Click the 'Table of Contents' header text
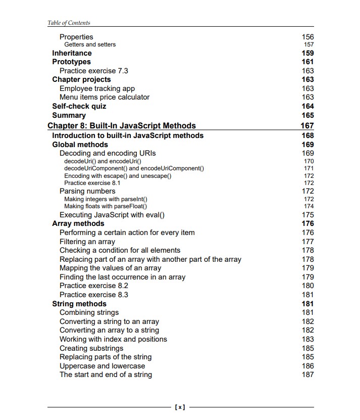[69, 23]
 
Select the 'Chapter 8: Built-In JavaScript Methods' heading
[121, 126]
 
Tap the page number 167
[306, 126]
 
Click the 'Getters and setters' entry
[90, 44]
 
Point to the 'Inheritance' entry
[72, 53]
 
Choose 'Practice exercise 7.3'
[93, 71]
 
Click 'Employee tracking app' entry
[97, 88]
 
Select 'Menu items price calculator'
[105, 97]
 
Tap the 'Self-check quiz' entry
[79, 106]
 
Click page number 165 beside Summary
[307, 115]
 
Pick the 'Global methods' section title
[80, 145]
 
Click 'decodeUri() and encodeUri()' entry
[102, 161]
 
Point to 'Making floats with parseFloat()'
[106, 206]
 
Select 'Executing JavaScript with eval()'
[112, 215]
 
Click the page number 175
[307, 215]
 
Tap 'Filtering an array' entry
[87, 242]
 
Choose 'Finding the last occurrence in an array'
[122, 277]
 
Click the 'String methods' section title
[79, 304]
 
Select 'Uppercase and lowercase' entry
[102, 366]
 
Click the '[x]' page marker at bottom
[180, 407]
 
